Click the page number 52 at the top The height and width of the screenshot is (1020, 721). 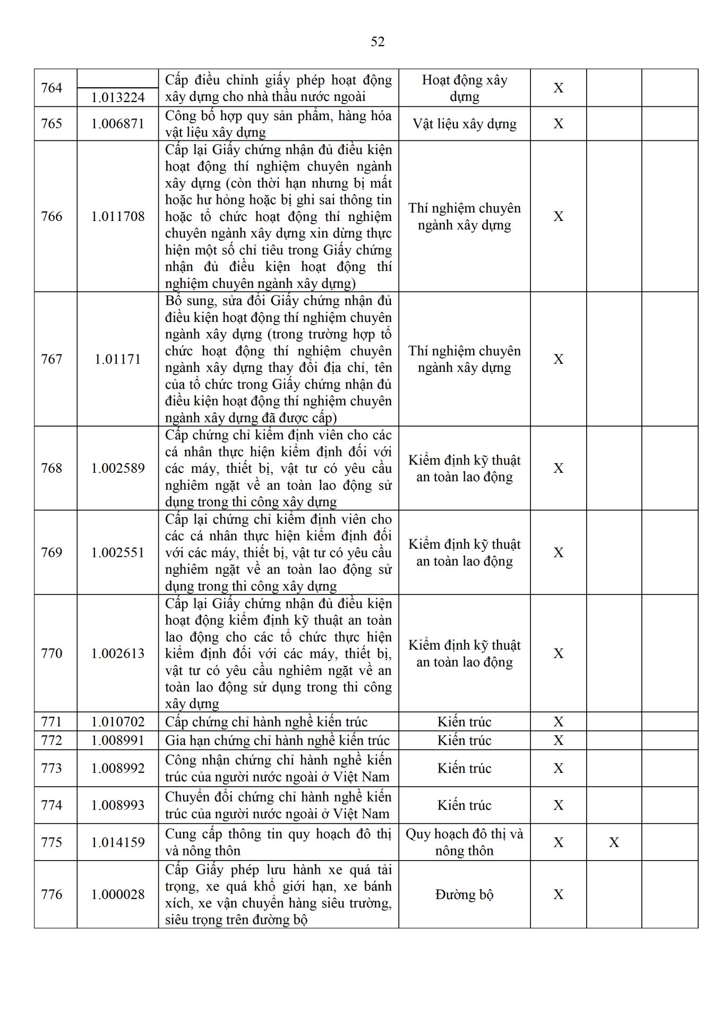(377, 42)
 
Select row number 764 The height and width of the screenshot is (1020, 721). (51, 88)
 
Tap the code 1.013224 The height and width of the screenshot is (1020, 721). (118, 97)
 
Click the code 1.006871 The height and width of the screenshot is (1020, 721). (118, 124)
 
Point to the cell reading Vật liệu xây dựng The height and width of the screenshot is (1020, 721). (465, 124)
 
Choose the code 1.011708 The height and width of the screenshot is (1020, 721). (118, 216)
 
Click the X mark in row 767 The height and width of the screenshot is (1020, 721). (559, 359)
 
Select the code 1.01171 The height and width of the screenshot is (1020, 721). (118, 359)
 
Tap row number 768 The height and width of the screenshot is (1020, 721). (51, 468)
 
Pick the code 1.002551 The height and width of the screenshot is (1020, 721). (118, 552)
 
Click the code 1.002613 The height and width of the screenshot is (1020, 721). (118, 653)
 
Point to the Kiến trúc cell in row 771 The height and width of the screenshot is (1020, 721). (465, 721)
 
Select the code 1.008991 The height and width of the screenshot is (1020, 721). (118, 740)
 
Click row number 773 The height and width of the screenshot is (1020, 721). (51, 768)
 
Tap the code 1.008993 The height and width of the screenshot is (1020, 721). (118, 805)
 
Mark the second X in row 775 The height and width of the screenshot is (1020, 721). (614, 843)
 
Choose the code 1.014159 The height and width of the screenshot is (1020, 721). (118, 843)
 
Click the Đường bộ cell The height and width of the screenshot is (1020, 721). (465, 895)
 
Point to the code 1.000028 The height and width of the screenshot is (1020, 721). (118, 895)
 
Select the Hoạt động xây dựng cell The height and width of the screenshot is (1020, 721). (465, 88)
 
